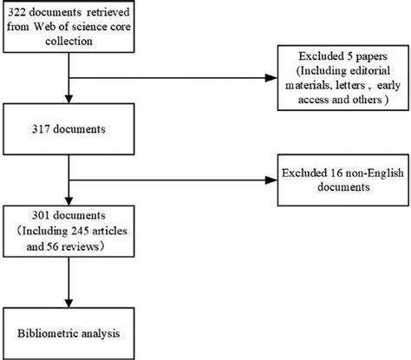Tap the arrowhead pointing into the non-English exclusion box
267,180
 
